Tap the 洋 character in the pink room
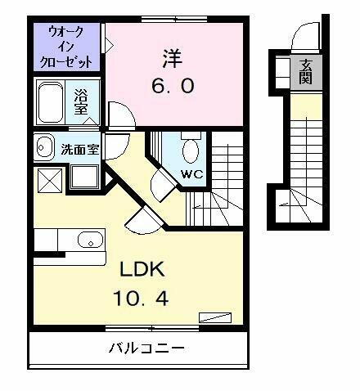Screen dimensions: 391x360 171,58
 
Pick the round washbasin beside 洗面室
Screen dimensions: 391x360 44,147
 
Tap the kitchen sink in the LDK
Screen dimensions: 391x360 89,240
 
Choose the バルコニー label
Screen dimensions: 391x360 147,348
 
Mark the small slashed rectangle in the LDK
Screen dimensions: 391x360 217,318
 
